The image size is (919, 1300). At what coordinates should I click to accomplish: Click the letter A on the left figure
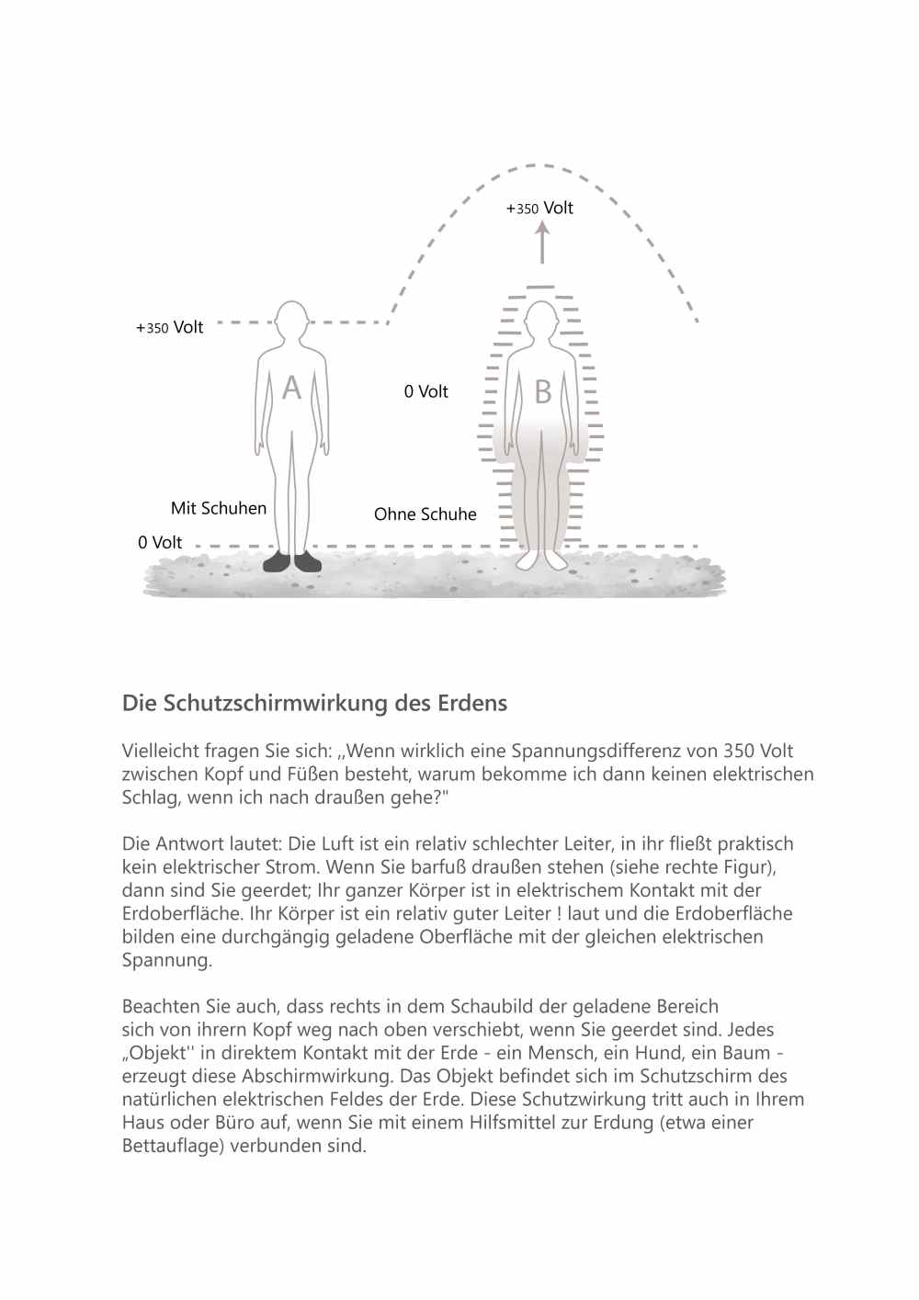coord(291,388)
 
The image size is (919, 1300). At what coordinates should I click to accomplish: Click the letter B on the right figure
coord(543,392)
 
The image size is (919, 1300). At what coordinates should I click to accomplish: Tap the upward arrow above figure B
coord(542,243)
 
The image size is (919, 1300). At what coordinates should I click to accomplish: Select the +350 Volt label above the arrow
coord(539,209)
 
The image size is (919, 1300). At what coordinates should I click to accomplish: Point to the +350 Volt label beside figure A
coord(170,327)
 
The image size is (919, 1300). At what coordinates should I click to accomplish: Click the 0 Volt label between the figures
coord(425,391)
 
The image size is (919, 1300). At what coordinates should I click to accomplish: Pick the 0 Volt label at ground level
coord(160,542)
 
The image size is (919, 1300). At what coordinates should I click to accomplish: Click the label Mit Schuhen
coord(219,508)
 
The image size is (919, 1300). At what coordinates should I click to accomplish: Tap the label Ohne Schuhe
coord(425,514)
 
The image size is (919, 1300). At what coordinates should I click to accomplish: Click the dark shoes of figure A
coord(292,561)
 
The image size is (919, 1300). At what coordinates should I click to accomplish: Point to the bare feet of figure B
coord(542,560)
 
